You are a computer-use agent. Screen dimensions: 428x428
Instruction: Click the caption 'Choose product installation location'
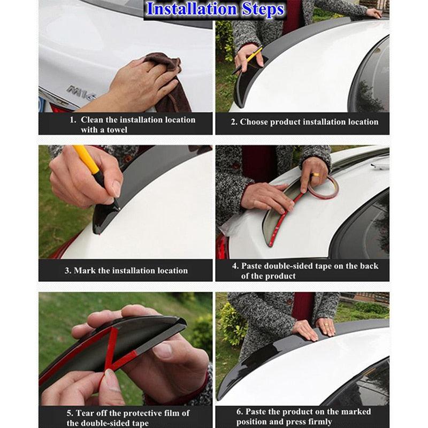pyautogui.click(x=304, y=122)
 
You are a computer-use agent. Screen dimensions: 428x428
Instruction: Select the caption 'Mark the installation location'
pyautogui.click(x=126, y=270)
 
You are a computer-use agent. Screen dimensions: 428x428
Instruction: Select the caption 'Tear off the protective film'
pyautogui.click(x=128, y=418)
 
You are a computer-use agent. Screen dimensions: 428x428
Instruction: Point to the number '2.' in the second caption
pyautogui.click(x=234, y=122)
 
